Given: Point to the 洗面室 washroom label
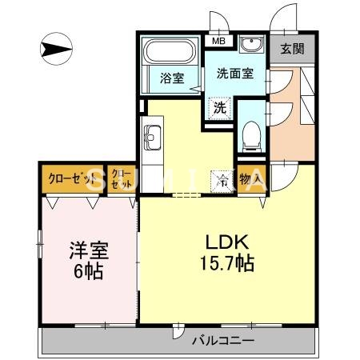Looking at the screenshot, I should pyautogui.click(x=234, y=73).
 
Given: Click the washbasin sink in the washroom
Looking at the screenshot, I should pyautogui.click(x=252, y=44).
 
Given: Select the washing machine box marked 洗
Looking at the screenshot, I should pyautogui.click(x=218, y=105).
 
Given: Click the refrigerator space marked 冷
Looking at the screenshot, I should pyautogui.click(x=222, y=181).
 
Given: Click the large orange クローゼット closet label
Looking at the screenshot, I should pyautogui.click(x=66, y=178).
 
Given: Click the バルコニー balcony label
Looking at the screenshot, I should pyautogui.click(x=223, y=341).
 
